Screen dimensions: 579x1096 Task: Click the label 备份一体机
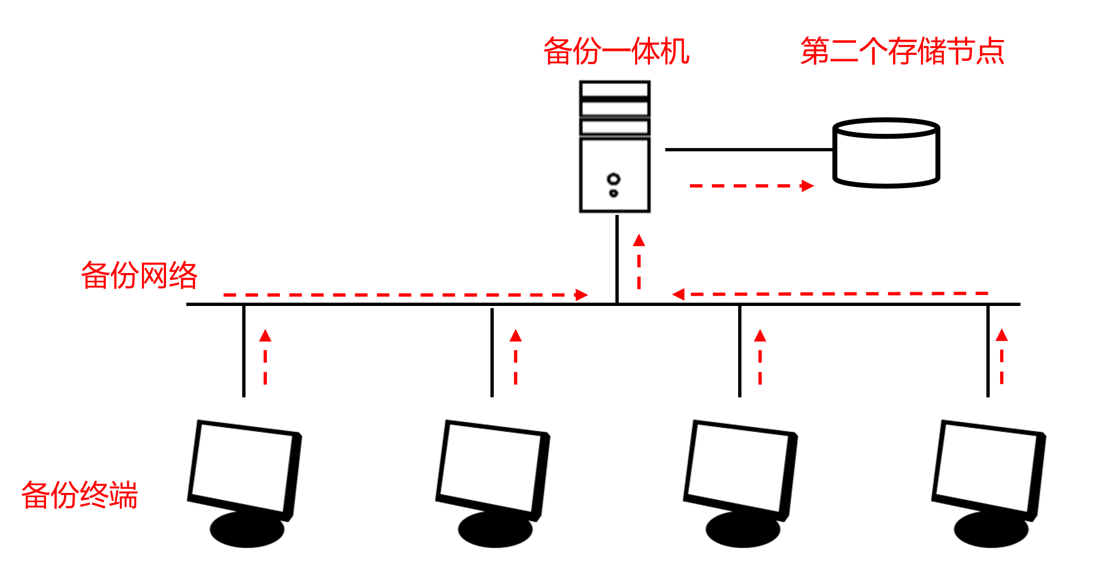616,52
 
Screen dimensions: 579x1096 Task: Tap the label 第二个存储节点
902,52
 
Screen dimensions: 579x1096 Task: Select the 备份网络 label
139,275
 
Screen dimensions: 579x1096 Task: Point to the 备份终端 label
79,495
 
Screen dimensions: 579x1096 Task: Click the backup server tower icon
615,147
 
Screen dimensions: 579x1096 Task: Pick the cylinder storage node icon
886,154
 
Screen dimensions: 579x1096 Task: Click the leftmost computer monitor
244,469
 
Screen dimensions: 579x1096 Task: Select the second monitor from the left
492,469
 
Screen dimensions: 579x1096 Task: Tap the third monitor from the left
740,469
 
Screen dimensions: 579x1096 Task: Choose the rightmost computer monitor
988,469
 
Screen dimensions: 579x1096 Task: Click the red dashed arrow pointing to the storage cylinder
751,186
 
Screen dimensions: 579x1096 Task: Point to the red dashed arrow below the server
639,262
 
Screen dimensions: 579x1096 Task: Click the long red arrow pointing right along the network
406,295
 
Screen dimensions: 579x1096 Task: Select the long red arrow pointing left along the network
830,294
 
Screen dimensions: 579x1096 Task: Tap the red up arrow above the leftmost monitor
265,356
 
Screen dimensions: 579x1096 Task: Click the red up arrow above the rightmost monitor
1002,356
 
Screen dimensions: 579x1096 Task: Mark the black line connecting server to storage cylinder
749,149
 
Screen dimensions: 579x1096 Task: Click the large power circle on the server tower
614,179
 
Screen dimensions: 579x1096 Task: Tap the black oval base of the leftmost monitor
247,531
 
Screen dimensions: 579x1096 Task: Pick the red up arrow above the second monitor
516,356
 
